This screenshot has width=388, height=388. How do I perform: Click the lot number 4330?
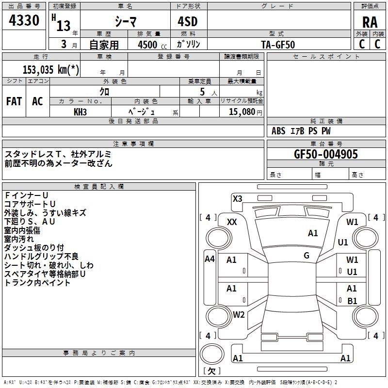[x=24, y=21]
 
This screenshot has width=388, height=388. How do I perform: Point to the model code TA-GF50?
[x=278, y=44]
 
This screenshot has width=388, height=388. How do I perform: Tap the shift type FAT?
[x=14, y=101]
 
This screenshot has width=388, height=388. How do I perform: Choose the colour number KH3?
[x=80, y=112]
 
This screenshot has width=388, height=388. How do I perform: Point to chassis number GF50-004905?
[x=326, y=154]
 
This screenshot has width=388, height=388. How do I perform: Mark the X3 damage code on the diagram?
[x=238, y=198]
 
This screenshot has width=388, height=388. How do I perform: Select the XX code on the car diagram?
[x=232, y=222]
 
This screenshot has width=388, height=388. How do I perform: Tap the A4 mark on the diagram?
[x=210, y=259]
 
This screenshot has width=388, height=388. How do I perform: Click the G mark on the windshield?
[x=307, y=255]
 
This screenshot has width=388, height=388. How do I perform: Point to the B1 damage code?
[x=352, y=301]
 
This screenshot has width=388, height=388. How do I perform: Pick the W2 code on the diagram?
[x=239, y=314]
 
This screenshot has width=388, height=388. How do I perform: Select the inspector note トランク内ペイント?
[x=37, y=283]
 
